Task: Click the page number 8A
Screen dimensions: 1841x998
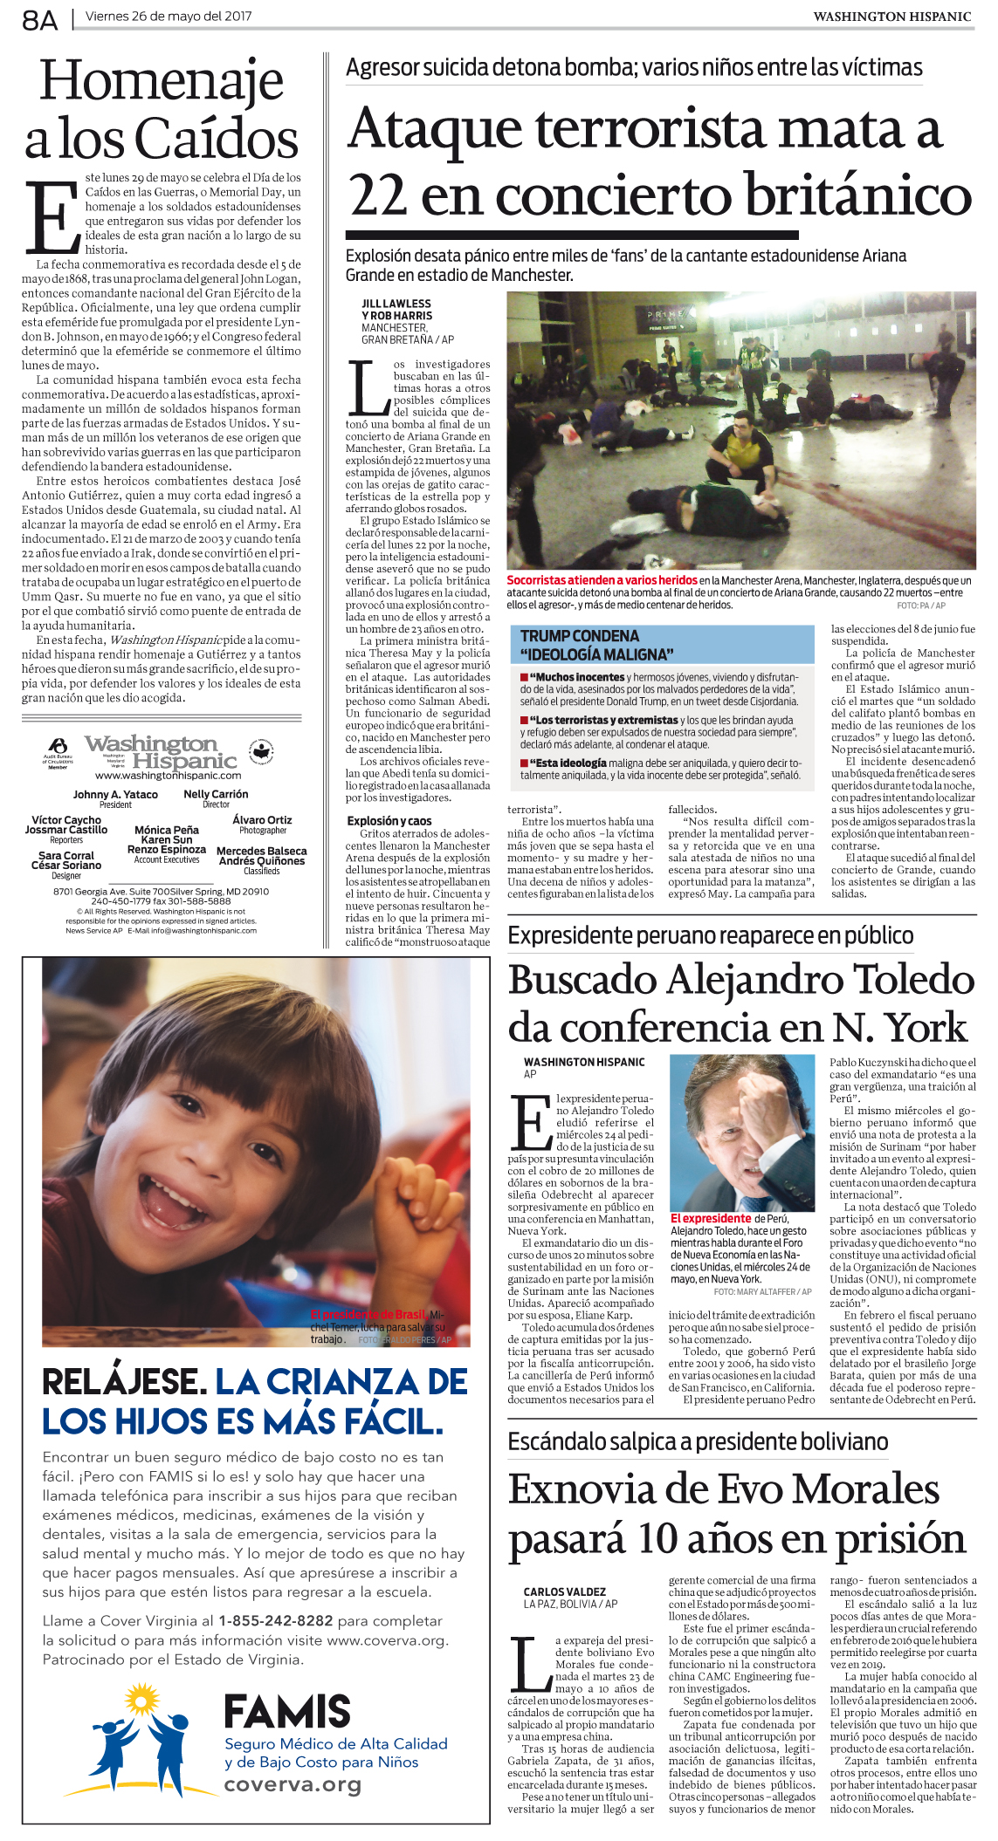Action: point(39,19)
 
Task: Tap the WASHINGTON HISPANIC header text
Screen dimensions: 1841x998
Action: point(891,17)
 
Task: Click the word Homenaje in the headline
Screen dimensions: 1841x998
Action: point(162,81)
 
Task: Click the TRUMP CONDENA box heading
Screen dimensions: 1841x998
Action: point(580,636)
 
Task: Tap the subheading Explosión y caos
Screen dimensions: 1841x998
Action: point(389,821)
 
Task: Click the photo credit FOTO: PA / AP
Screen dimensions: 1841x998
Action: point(920,606)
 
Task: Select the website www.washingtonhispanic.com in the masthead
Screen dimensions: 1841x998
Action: point(168,776)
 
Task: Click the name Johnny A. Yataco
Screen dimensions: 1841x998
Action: point(115,794)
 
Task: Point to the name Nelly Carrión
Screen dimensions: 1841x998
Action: point(216,794)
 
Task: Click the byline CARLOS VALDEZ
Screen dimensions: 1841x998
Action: point(564,1592)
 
